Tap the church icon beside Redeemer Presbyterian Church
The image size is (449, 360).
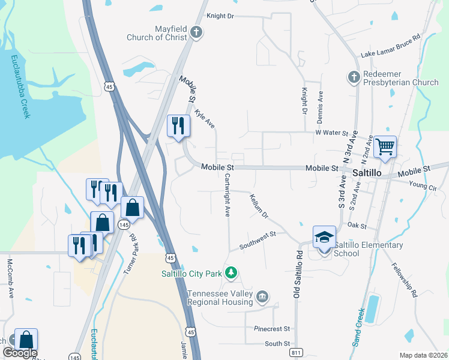(x=353, y=77)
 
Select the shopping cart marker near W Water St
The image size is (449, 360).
(x=385, y=146)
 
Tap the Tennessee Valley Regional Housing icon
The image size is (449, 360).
(x=262, y=296)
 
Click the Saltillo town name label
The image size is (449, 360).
(x=367, y=172)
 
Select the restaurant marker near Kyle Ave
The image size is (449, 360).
(x=178, y=126)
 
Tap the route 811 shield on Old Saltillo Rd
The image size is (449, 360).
(x=295, y=352)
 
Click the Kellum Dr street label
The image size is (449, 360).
(x=259, y=205)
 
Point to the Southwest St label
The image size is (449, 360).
(x=257, y=239)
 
